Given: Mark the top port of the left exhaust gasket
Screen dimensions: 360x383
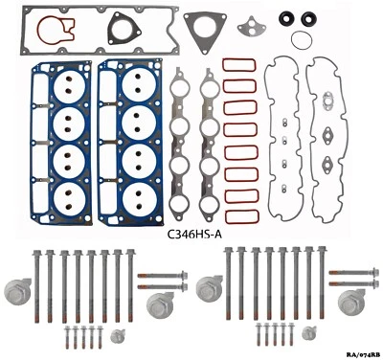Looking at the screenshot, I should click(x=182, y=91).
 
